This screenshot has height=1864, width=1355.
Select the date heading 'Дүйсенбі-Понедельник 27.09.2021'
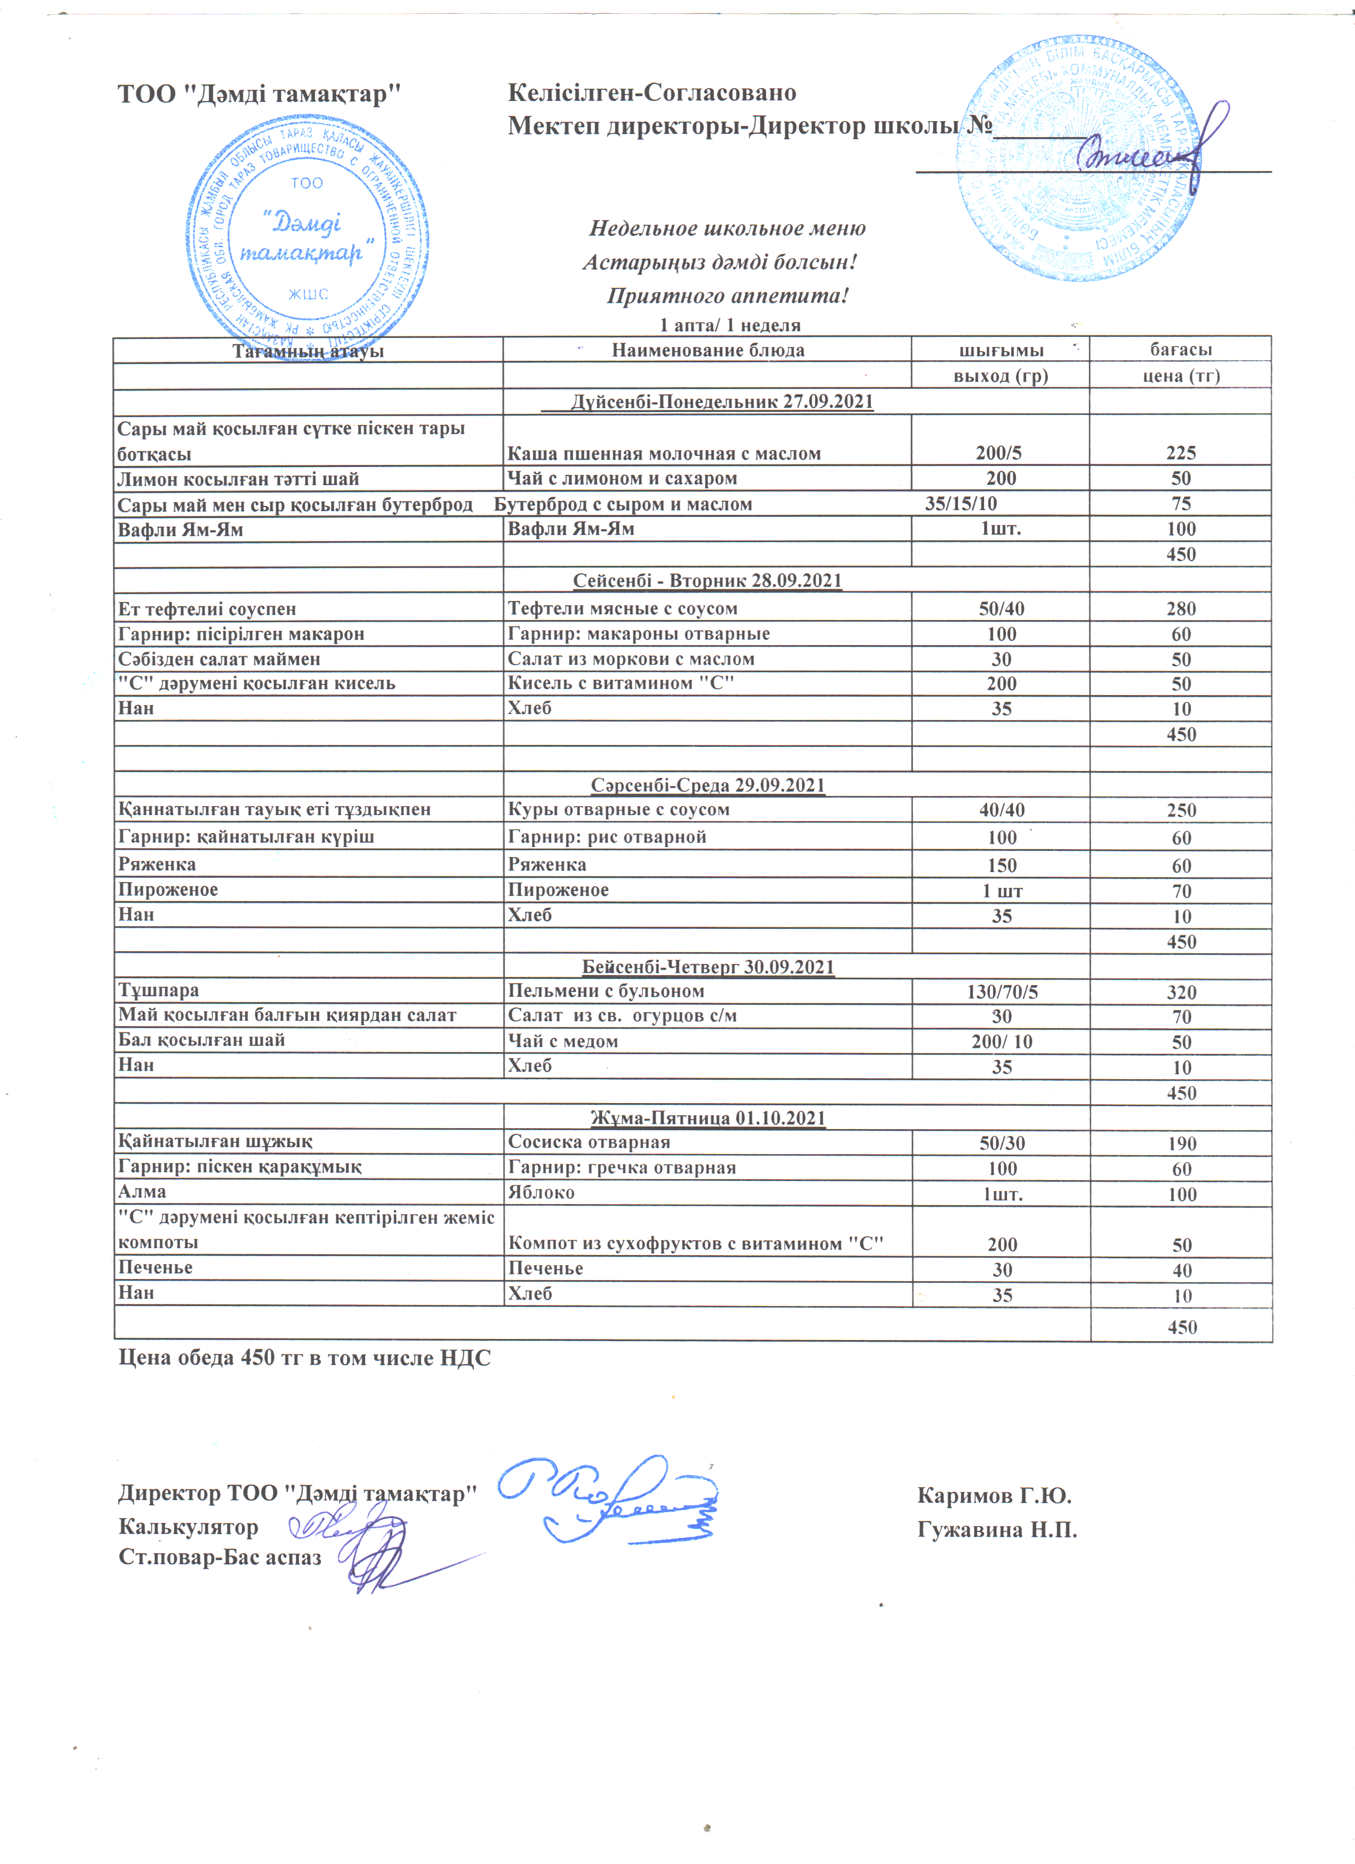pos(722,402)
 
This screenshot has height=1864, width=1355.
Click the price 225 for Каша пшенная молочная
pos(1180,453)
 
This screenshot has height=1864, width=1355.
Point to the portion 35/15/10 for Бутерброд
pos(961,504)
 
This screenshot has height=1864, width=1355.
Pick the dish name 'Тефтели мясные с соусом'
pos(622,608)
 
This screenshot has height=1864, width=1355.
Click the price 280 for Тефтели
pos(1181,609)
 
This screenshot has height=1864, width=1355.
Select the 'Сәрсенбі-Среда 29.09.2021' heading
pos(707,785)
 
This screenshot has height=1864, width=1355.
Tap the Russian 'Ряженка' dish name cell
pos(547,864)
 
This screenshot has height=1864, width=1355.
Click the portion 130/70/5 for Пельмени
pos(1002,992)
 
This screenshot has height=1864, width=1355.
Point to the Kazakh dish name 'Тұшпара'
pos(158,990)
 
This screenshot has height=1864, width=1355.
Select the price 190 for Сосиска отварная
pos(1182,1143)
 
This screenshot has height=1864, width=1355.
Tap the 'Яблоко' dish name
pos(541,1192)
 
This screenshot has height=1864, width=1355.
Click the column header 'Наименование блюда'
pos(707,350)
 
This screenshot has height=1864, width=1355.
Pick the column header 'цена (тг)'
pos(1181,376)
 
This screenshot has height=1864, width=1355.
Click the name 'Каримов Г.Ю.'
pos(994,1495)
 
